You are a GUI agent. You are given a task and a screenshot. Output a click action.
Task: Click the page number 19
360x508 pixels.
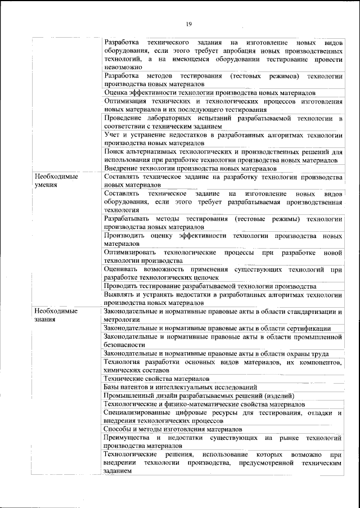[x=189, y=23]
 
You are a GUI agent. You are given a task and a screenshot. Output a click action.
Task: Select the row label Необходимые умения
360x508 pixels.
[x=55, y=181]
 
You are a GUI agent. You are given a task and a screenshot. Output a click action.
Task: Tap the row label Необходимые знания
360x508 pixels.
[x=55, y=315]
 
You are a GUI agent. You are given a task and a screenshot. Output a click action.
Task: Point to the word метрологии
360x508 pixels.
[x=121, y=320]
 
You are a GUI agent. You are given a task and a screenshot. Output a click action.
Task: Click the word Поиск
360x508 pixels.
[x=114, y=151]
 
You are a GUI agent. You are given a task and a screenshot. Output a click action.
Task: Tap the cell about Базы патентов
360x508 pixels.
[x=181, y=387]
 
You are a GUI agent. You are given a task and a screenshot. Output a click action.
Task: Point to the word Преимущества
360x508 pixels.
[x=125, y=437]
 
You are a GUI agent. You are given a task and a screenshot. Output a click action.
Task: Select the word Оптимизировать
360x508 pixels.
[x=130, y=253]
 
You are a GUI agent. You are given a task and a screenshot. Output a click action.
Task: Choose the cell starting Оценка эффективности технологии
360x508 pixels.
[x=210, y=92]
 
